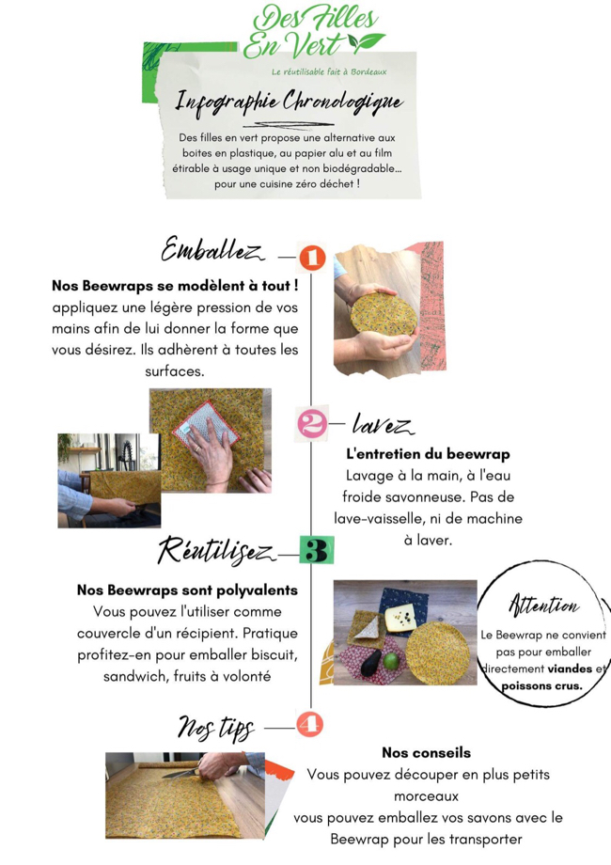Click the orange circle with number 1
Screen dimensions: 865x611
click(x=311, y=257)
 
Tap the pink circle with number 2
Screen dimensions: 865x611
click(x=311, y=424)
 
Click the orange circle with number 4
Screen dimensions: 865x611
click(x=310, y=725)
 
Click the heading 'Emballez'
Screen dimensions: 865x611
click(x=211, y=251)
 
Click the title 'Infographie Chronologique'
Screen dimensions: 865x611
click(x=290, y=102)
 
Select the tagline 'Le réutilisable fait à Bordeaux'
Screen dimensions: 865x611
click(x=328, y=72)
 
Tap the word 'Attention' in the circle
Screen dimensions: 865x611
click(x=543, y=605)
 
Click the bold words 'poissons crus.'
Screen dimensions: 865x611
click(x=541, y=685)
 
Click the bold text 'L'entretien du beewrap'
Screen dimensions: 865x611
click(x=428, y=453)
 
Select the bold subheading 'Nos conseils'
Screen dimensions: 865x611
click(x=426, y=752)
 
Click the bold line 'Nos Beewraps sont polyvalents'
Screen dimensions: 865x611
click(x=187, y=590)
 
